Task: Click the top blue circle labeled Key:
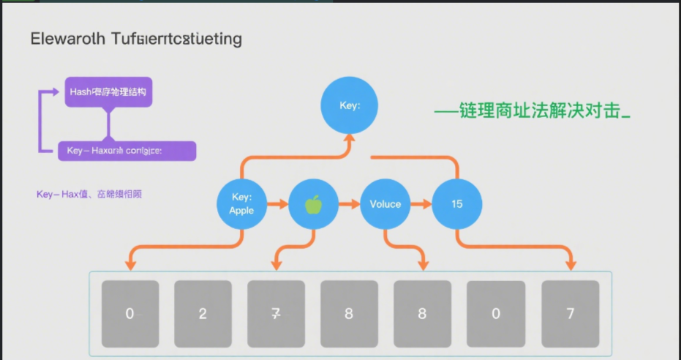(x=350, y=106)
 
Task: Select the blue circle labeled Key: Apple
(x=242, y=204)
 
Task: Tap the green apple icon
(x=313, y=204)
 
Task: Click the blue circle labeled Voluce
(x=385, y=204)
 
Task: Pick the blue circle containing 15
(x=456, y=204)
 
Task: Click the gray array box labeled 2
(x=203, y=314)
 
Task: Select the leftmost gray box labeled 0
(x=129, y=314)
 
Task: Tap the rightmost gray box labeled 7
(x=570, y=314)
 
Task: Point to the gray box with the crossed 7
(x=276, y=314)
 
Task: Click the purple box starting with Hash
(x=109, y=92)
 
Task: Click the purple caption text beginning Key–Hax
(x=90, y=194)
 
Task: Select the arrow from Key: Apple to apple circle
(x=277, y=204)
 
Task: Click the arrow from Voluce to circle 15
(x=421, y=204)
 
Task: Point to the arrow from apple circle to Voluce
(x=349, y=204)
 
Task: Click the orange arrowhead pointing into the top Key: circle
(x=350, y=143)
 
